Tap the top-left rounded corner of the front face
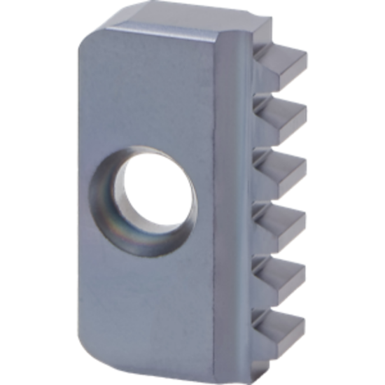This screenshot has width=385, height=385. [x=87, y=45]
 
